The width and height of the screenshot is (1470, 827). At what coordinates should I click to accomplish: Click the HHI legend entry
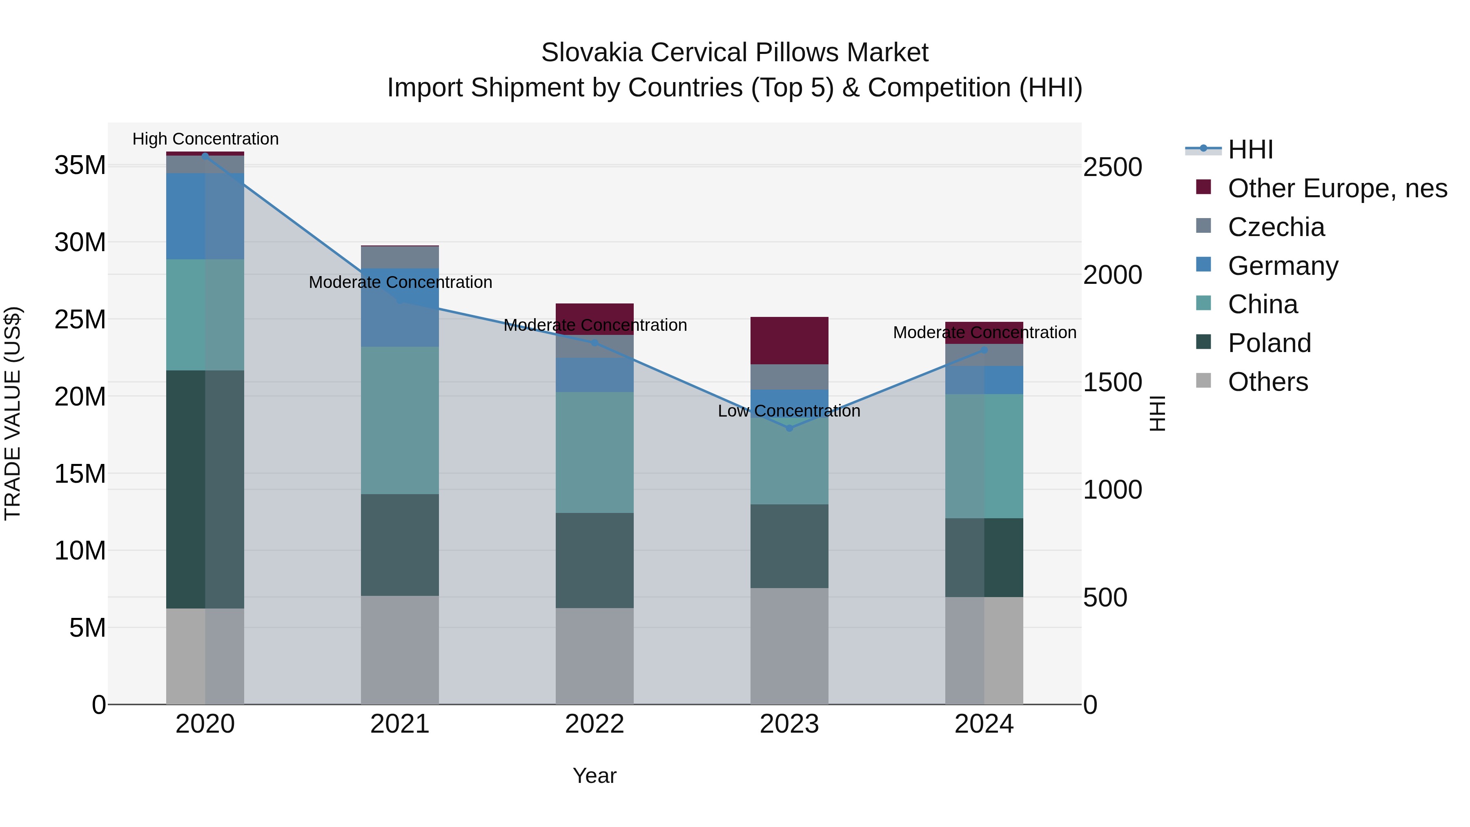(1250, 149)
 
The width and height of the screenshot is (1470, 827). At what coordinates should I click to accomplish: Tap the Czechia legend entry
(1275, 227)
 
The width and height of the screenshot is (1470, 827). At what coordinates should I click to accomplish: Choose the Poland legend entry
(1269, 343)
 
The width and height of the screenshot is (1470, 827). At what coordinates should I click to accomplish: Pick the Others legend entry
(1267, 382)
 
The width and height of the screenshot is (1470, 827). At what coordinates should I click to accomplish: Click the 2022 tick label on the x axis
(594, 724)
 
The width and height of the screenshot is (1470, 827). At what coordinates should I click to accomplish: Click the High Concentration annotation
(205, 139)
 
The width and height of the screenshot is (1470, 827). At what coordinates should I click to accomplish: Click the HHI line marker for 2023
(789, 428)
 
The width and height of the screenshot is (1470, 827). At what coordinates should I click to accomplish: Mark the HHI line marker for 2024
(984, 350)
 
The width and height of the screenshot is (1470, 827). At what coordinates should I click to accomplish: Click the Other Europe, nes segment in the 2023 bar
(789, 340)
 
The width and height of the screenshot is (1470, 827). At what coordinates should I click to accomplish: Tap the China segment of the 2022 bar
(594, 452)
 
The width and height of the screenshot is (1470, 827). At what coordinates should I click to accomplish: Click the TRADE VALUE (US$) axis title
(13, 413)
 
